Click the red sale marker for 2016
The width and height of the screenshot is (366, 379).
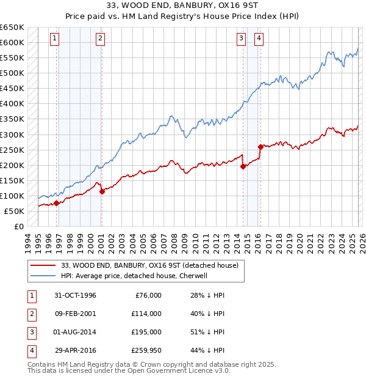(x=260, y=147)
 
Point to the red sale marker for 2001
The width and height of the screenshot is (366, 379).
(x=102, y=191)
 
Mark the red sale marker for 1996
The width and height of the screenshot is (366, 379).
(x=57, y=203)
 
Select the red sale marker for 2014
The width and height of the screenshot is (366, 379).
(x=243, y=166)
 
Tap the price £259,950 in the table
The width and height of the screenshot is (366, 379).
(x=146, y=350)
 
